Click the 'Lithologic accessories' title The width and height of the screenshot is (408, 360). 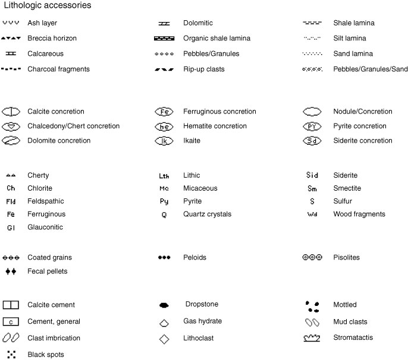pyautogui.click(x=47, y=5)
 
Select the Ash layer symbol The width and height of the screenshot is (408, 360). pyautogui.click(x=11, y=23)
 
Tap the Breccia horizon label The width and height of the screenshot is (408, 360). pyautogui.click(x=52, y=38)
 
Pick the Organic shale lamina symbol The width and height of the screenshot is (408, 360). pyautogui.click(x=164, y=38)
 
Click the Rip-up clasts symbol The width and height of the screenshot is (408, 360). pyautogui.click(x=164, y=70)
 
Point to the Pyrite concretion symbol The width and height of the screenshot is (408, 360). pyautogui.click(x=312, y=126)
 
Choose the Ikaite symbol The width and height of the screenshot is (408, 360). pyautogui.click(x=164, y=141)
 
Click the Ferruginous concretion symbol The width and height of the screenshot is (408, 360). pyautogui.click(x=164, y=112)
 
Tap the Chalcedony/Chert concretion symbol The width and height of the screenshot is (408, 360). pyautogui.click(x=11, y=126)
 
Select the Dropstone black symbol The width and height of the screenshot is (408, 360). pyautogui.click(x=164, y=305)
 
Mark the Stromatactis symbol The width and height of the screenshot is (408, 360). pyautogui.click(x=312, y=337)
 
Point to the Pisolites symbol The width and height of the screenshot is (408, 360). pyautogui.click(x=312, y=258)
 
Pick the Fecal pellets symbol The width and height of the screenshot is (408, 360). pyautogui.click(x=11, y=271)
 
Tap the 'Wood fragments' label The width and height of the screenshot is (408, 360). pyautogui.click(x=359, y=214)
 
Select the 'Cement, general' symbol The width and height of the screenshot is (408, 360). pyautogui.click(x=11, y=321)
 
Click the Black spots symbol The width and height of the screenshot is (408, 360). pyautogui.click(x=11, y=355)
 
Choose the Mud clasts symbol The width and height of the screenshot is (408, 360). pyautogui.click(x=312, y=322)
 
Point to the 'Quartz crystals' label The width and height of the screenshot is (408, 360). pyautogui.click(x=207, y=214)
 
